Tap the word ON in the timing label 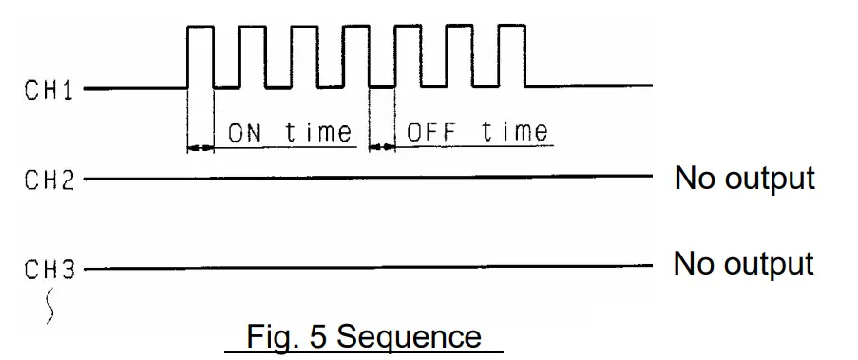245,132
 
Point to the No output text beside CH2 744,178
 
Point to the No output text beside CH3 743,263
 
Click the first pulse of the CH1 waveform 200,57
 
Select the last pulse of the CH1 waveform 511,57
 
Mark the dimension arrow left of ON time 200,146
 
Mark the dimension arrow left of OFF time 381,146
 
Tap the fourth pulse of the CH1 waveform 356,57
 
